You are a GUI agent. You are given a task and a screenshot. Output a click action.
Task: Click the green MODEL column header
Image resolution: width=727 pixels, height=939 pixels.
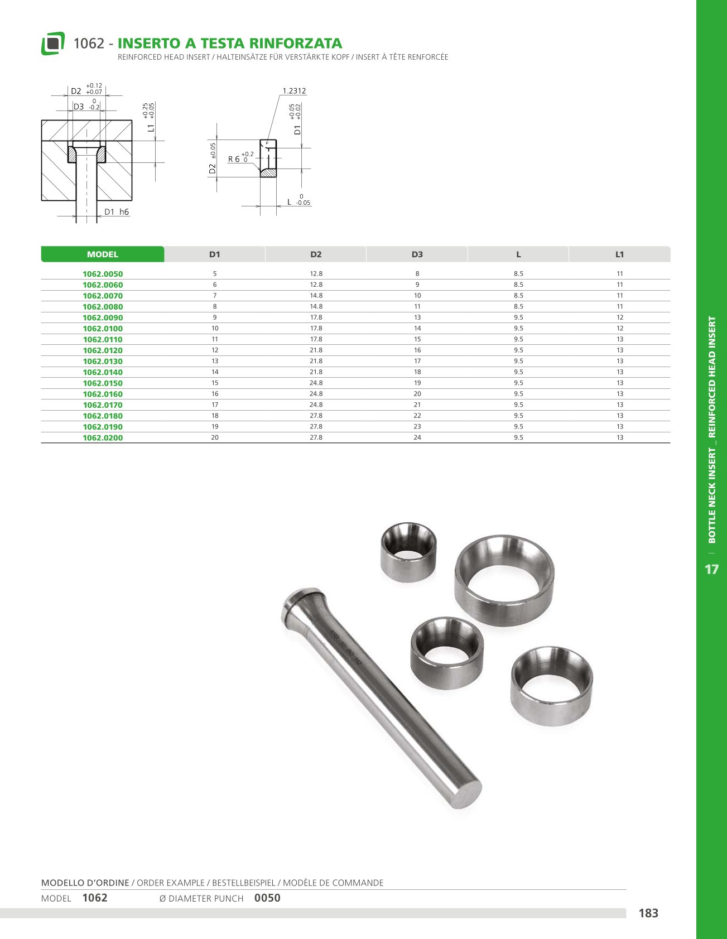103,254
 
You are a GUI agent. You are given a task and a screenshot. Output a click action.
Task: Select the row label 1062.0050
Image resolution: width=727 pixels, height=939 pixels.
103,274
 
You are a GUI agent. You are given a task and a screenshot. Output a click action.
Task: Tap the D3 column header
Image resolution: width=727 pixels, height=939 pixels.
417,254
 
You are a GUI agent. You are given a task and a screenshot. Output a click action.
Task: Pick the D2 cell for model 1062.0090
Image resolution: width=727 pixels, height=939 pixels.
316,317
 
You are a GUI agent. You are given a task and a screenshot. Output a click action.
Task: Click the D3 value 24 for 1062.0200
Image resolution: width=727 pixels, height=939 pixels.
417,437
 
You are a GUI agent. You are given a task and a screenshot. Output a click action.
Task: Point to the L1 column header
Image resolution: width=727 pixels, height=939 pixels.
619,254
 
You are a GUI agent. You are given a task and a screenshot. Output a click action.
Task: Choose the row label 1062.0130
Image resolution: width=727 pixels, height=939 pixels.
103,362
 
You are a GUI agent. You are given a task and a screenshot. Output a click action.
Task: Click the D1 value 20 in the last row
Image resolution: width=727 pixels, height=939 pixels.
215,437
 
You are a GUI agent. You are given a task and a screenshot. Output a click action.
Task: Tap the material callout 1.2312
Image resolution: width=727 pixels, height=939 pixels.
294,91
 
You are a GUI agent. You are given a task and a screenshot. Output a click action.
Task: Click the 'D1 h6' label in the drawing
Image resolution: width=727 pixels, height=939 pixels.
117,212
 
